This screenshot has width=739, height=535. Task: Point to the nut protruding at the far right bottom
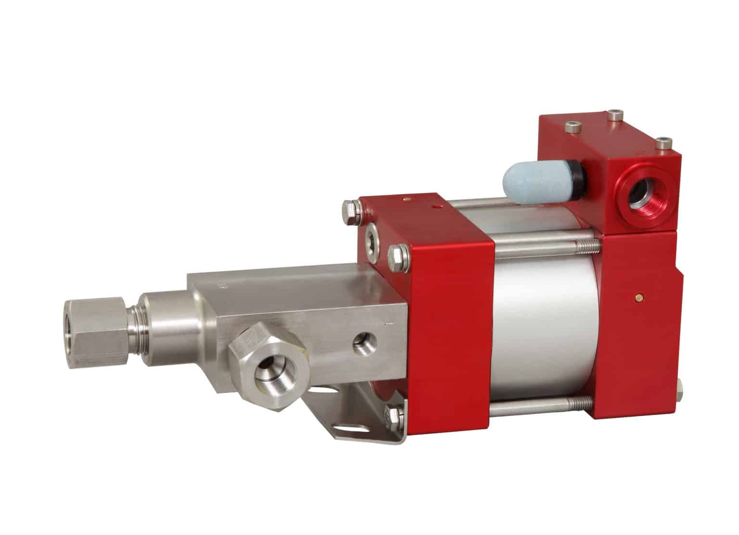(679, 389)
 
